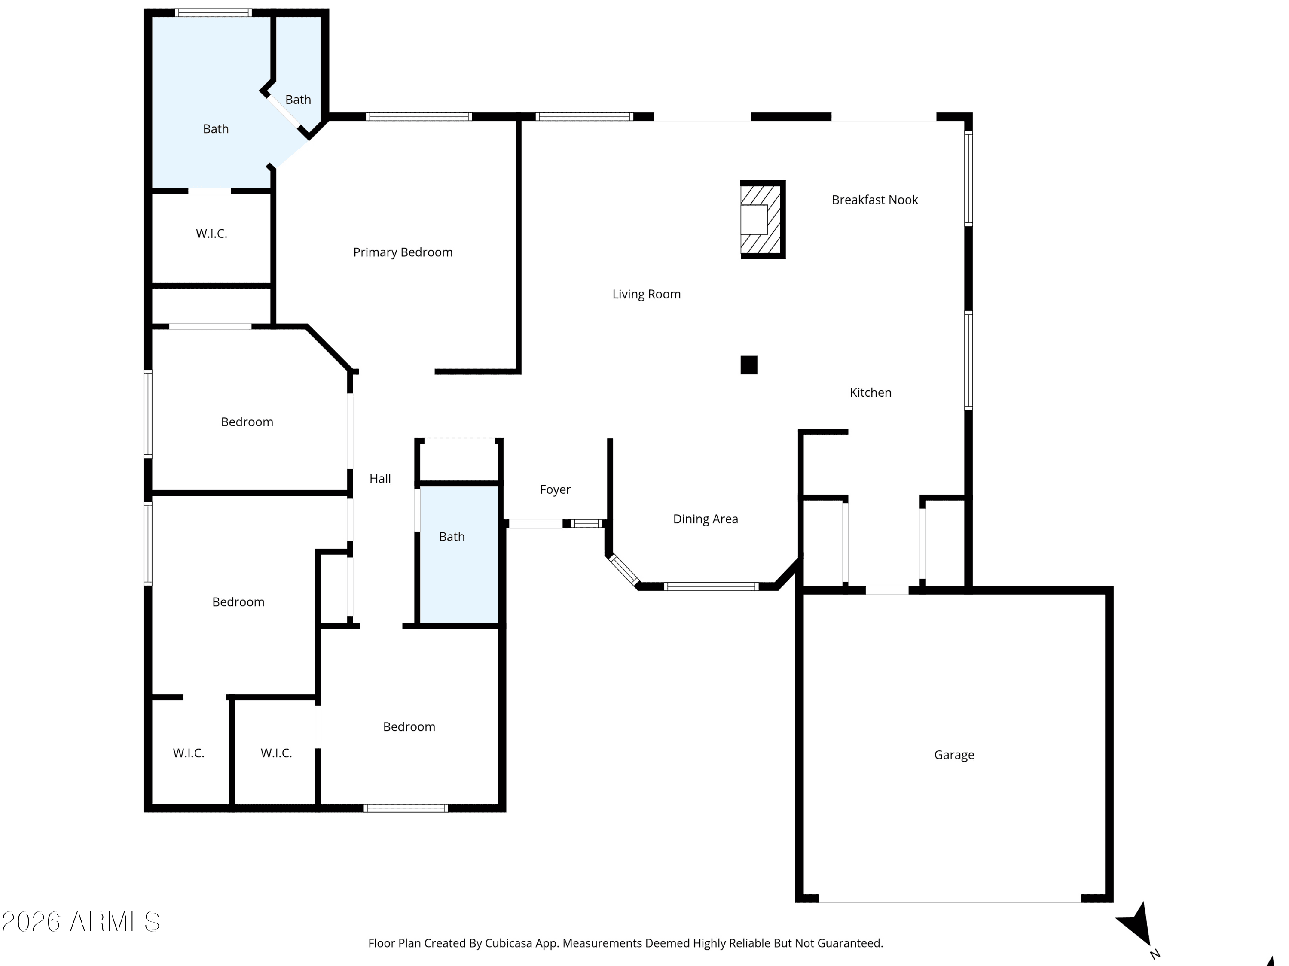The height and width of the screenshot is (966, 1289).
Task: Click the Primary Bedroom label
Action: click(403, 252)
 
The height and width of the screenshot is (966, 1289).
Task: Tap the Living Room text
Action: click(646, 294)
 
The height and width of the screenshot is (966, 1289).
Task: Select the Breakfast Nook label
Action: click(875, 200)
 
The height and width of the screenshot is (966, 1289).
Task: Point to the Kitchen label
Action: click(871, 392)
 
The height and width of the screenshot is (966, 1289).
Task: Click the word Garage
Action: click(954, 755)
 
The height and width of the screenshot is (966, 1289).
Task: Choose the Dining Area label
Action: click(706, 519)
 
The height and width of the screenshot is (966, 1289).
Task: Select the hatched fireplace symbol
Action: click(763, 219)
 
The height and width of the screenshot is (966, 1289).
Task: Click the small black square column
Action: click(749, 365)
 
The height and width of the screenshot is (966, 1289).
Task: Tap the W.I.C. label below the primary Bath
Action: click(211, 234)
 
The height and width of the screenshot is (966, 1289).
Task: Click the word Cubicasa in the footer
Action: click(509, 943)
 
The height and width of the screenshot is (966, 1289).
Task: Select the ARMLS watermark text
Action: click(81, 922)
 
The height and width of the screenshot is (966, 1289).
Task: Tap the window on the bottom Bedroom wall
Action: click(406, 808)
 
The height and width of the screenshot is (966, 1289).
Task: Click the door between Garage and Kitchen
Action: click(887, 590)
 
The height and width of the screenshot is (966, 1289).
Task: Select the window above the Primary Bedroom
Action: click(418, 116)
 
